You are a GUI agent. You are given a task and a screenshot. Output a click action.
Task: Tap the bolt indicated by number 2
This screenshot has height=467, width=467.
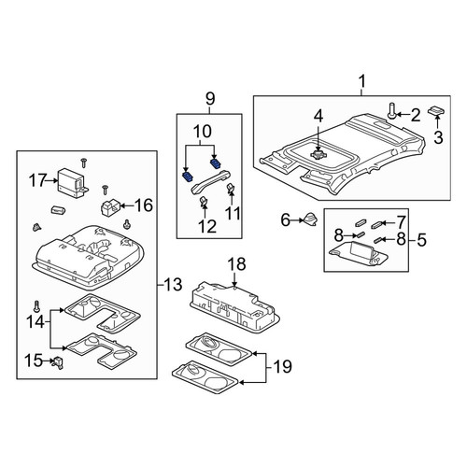[x=391, y=111]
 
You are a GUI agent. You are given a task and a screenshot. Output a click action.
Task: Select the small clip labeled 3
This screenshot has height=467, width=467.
[x=437, y=110]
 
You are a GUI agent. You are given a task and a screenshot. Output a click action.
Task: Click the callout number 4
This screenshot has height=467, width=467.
[x=318, y=116]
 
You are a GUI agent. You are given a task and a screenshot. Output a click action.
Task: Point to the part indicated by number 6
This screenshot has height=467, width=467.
[x=309, y=219]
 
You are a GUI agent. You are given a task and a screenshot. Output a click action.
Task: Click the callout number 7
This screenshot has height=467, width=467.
[x=400, y=222]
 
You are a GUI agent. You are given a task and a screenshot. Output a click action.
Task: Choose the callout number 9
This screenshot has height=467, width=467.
[x=210, y=99]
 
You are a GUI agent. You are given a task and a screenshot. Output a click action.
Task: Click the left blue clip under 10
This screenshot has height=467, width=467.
[x=187, y=177]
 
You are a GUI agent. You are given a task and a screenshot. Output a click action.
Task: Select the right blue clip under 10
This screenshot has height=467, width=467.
[x=216, y=163]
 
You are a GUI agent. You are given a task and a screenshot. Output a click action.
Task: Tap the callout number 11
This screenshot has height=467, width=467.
[x=233, y=214]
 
